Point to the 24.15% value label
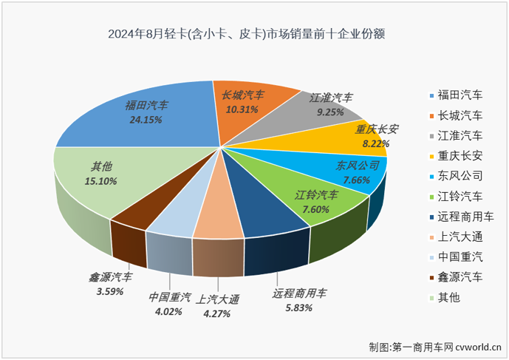(x=146, y=119)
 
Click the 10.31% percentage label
(x=242, y=109)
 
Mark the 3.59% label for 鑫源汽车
(x=109, y=292)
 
